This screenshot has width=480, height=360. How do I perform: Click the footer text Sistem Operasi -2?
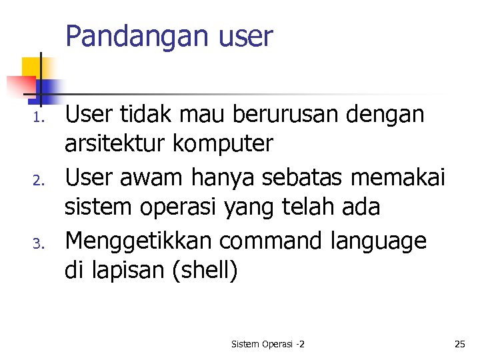(268, 344)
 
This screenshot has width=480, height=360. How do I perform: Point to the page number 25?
(459, 344)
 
